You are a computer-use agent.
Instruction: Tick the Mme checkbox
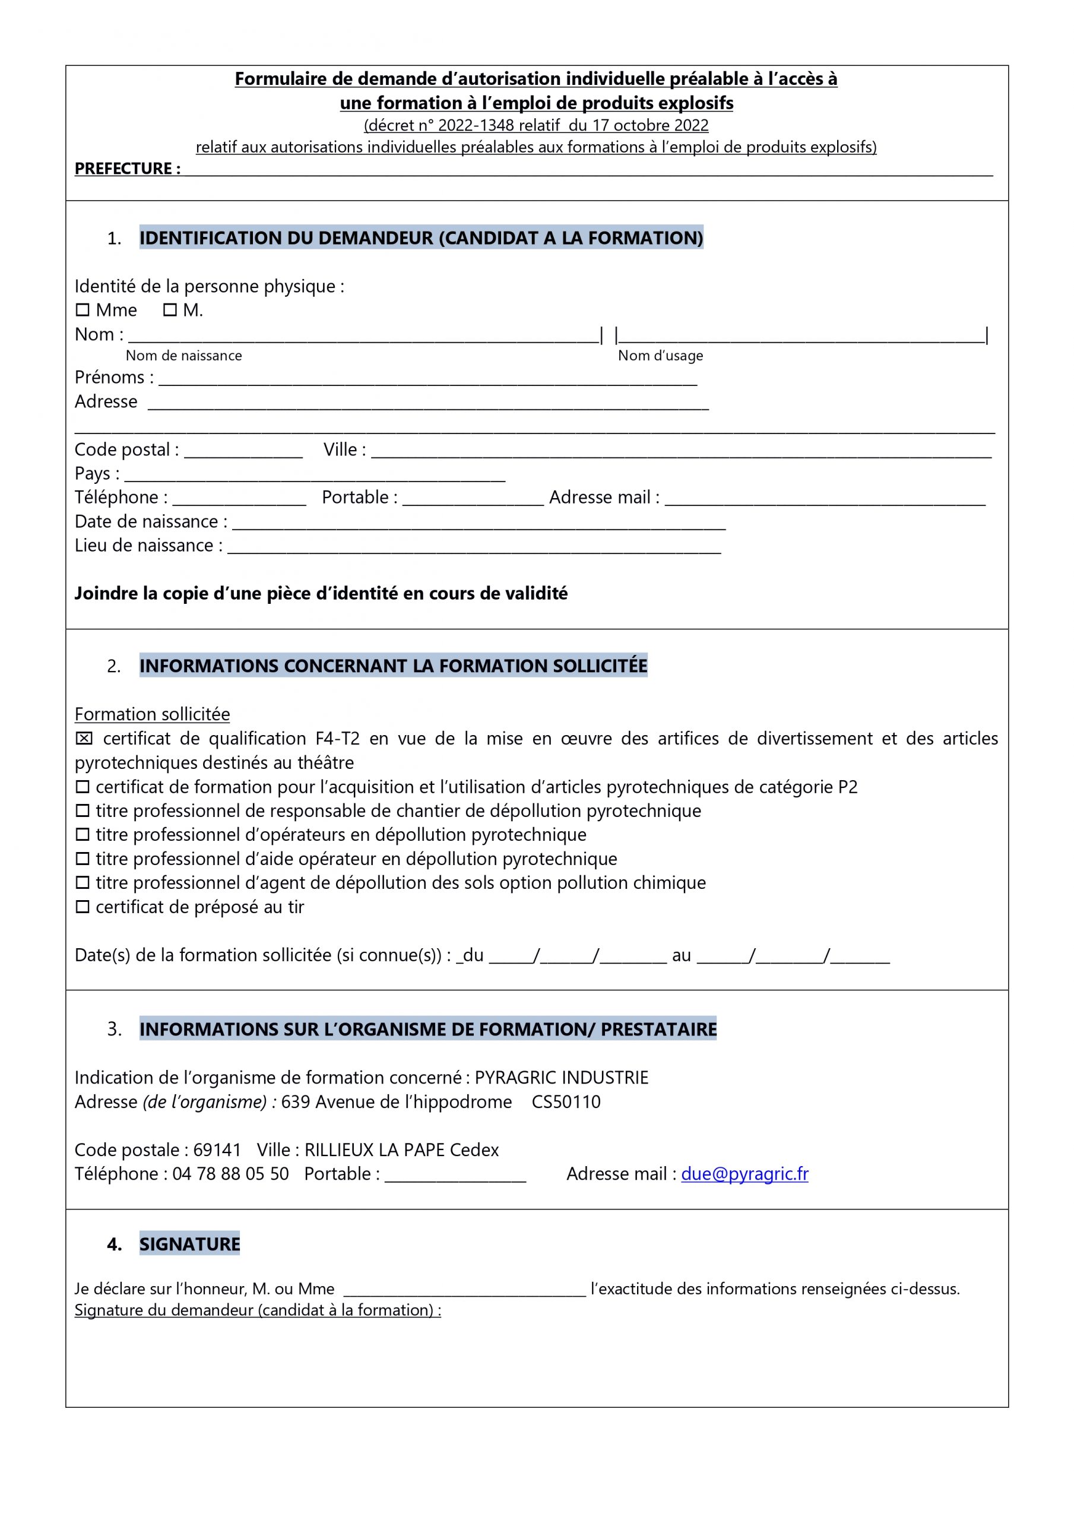tap(82, 310)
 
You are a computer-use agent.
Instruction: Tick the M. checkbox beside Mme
tap(170, 310)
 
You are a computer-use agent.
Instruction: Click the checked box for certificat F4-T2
tap(84, 739)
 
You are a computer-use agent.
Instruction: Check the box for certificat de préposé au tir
tap(82, 907)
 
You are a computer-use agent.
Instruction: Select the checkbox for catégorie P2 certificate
tap(82, 787)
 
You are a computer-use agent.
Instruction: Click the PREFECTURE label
tap(127, 169)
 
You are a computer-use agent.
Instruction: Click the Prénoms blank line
tap(427, 379)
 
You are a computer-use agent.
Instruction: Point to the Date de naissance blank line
tap(478, 524)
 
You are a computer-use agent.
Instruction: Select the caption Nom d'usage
tap(660, 356)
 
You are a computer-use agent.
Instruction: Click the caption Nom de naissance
tap(183, 356)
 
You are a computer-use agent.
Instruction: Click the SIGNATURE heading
tap(189, 1244)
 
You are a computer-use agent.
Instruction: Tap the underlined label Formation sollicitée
tap(153, 714)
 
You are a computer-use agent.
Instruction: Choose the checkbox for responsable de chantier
tap(82, 811)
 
